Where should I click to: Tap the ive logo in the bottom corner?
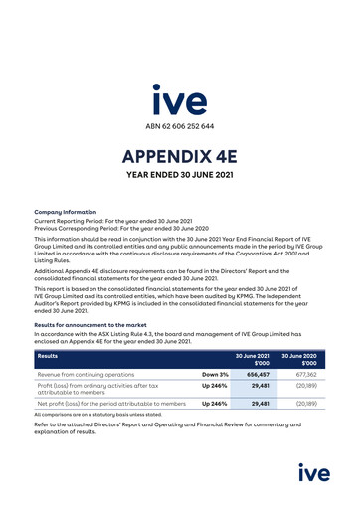click(316, 471)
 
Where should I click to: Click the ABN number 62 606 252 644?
click(179, 126)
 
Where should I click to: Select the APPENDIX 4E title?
click(179, 158)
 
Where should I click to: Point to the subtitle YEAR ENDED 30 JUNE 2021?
click(179, 180)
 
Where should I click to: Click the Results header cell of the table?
click(48, 355)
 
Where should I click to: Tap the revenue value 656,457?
click(259, 375)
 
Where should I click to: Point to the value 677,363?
click(310, 375)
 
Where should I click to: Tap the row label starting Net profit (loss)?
click(109, 405)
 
